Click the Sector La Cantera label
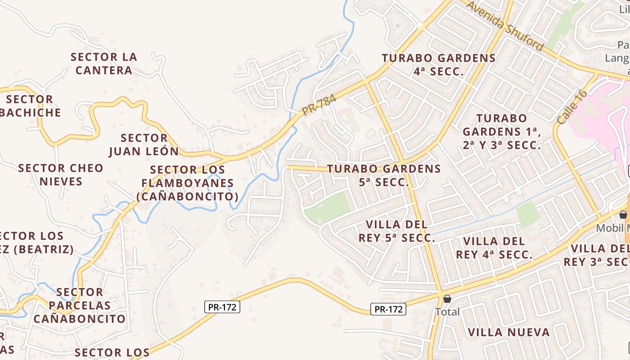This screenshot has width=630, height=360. (104, 64)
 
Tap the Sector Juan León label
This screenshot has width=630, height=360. (144, 144)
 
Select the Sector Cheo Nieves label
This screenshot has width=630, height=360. (61, 175)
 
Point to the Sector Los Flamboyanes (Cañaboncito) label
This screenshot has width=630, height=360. (188, 183)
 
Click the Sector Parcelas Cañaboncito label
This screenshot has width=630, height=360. (80, 306)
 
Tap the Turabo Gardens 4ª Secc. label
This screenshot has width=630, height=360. (439, 65)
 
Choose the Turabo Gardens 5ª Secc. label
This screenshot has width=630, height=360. (384, 175)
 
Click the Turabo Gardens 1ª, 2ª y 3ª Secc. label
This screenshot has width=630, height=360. (502, 132)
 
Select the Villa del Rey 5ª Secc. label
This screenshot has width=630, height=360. (396, 231)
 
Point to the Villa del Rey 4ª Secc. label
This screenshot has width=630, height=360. (494, 248)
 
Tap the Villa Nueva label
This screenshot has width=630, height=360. (508, 333)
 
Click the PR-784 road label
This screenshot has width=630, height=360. (319, 106)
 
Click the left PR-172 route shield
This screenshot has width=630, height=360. (222, 307)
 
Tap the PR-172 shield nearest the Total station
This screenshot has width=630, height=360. (389, 309)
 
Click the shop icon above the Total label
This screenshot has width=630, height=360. (447, 299)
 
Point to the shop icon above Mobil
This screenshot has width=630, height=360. (623, 215)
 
